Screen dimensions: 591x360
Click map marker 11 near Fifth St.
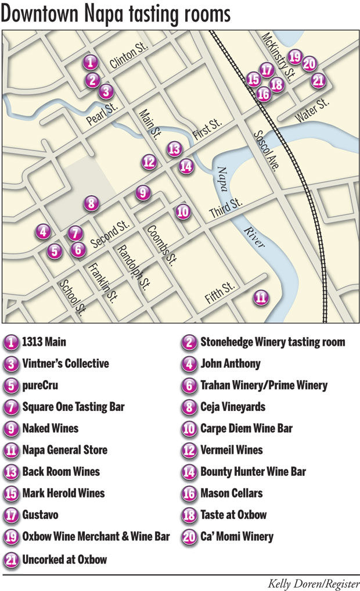pyautogui.click(x=262, y=298)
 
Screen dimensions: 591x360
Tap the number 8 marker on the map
pyautogui.click(x=91, y=203)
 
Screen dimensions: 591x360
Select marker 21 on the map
pyautogui.click(x=318, y=81)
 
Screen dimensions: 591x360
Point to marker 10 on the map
pyautogui.click(x=183, y=212)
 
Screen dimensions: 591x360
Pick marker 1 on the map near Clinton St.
pyautogui.click(x=90, y=62)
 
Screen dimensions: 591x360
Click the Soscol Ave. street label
pyautogui.click(x=267, y=151)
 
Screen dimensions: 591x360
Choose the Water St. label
pyautogui.click(x=312, y=110)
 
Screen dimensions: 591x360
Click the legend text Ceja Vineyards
pyautogui.click(x=233, y=407)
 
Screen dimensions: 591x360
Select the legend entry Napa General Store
pyautogui.click(x=65, y=450)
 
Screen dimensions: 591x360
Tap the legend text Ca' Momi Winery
pyautogui.click(x=237, y=536)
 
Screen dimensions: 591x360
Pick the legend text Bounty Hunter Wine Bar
pyautogui.click(x=253, y=472)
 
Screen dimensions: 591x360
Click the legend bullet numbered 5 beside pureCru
pyautogui.click(x=11, y=385)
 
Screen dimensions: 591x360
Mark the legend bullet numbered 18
pyautogui.click(x=189, y=515)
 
